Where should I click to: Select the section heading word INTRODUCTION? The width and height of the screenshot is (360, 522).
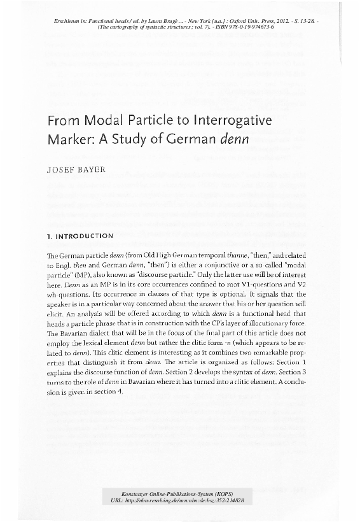(x=85, y=235)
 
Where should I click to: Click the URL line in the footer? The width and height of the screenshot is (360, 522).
(x=179, y=501)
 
